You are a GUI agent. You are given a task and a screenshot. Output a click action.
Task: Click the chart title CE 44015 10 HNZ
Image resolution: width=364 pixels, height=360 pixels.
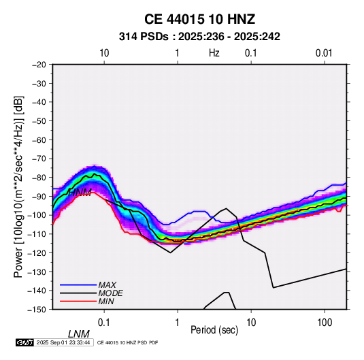pos(199,19)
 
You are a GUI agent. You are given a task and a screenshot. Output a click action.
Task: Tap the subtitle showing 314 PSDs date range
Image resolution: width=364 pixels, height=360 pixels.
pos(199,37)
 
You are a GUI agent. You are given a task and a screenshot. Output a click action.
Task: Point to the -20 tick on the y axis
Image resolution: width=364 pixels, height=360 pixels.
pos(39,65)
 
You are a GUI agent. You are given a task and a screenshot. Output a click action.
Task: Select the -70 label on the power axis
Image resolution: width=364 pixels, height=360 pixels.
pos(39,159)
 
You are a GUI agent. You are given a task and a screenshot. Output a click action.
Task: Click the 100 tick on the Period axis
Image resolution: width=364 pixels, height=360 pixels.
pos(325,323)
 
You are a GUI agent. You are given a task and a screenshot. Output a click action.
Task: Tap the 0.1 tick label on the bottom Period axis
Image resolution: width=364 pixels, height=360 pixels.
pos(104,323)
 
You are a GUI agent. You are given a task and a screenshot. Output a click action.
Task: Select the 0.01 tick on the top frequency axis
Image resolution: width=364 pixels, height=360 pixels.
pos(324,53)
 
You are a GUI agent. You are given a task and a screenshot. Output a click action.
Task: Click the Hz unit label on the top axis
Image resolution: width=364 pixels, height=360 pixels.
pos(214,53)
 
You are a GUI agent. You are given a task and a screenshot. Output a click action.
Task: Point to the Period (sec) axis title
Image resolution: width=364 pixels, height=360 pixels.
pos(214,330)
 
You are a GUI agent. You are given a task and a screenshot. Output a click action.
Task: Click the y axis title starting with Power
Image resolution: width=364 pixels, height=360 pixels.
pos(18,186)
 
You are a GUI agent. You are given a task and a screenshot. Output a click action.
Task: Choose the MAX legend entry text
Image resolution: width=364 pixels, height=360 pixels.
pos(107,285)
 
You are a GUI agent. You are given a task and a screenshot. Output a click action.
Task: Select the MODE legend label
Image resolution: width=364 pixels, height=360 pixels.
pos(110,293)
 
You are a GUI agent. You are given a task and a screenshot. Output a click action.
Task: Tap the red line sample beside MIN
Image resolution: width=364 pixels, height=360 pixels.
pos(78,301)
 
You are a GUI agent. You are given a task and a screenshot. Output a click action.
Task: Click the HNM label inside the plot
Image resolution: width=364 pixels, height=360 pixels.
pos(80,193)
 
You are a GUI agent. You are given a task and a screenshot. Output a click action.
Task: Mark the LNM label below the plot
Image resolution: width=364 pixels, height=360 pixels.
pos(79,334)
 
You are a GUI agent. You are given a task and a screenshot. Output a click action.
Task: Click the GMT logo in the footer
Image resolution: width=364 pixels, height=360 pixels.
pos(24,342)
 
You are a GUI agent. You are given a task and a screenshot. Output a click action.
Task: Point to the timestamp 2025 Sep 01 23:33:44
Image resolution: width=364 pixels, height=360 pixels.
pos(63,342)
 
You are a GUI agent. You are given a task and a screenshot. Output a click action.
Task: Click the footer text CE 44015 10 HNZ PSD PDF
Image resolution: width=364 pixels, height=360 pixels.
pos(127,342)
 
